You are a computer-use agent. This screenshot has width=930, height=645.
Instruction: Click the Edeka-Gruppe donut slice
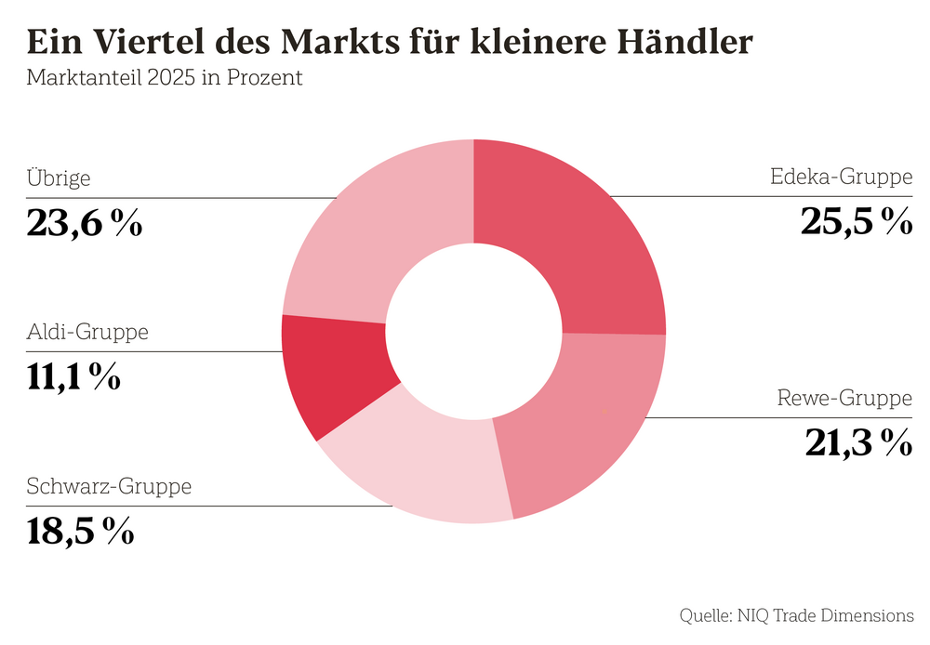(x=577, y=232)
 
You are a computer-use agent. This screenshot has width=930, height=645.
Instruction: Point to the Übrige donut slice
(x=372, y=232)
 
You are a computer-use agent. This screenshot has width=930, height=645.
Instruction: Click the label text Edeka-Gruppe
(x=842, y=177)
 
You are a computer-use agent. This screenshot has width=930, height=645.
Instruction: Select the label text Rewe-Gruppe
(x=844, y=399)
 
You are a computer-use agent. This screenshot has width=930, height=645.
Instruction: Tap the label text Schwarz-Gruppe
(x=110, y=486)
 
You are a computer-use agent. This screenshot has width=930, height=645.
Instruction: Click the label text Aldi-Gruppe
(x=87, y=332)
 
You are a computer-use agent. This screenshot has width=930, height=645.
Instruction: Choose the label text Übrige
(x=59, y=178)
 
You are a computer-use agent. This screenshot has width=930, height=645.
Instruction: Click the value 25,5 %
(x=856, y=221)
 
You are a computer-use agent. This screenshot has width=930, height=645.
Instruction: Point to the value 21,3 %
(x=857, y=443)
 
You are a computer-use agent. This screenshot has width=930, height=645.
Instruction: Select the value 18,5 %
(x=81, y=531)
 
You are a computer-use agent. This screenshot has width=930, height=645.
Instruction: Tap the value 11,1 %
(x=73, y=376)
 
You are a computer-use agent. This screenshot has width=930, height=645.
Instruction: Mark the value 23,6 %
(x=85, y=223)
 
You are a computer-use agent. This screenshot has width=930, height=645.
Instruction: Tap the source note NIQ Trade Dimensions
(x=825, y=615)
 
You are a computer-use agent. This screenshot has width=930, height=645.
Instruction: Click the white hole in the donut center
(x=473, y=330)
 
